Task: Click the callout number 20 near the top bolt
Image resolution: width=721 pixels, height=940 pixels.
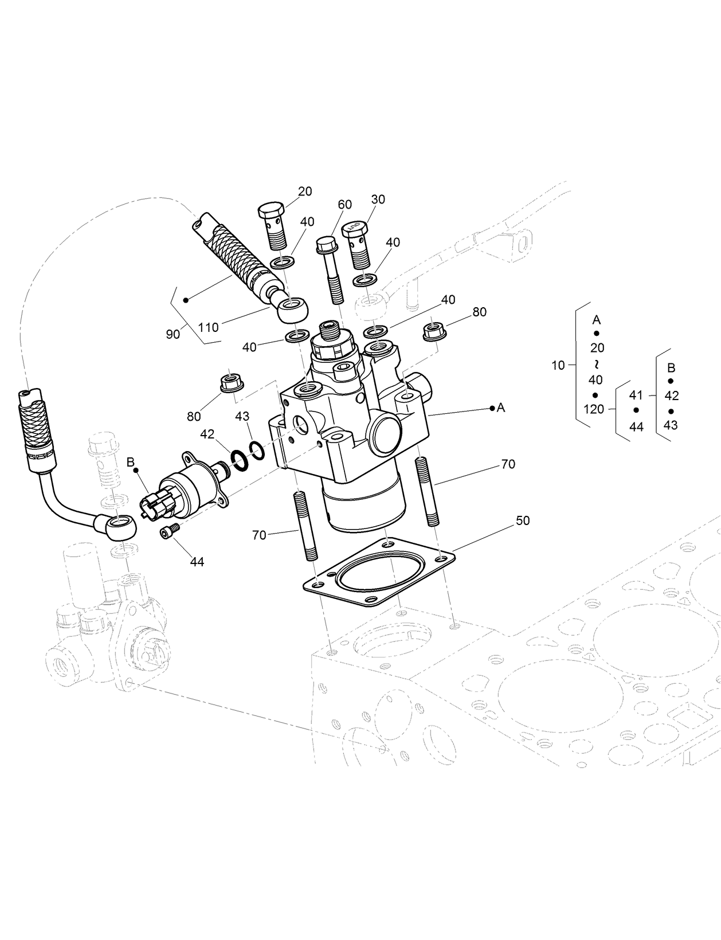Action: pos(305,191)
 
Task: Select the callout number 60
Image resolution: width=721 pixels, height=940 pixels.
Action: pos(344,205)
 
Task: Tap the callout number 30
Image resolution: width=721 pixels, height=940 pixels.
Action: pos(378,199)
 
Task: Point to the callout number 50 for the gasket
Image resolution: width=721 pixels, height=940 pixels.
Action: pos(522,520)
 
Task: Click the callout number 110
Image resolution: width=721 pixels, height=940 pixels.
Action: pos(209,327)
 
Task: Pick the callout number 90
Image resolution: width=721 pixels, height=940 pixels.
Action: pos(173,334)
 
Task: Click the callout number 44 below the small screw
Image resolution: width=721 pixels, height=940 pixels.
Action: pos(197,562)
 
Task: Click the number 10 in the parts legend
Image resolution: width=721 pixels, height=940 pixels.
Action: pos(558,366)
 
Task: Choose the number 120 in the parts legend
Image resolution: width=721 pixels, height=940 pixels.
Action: pos(594,409)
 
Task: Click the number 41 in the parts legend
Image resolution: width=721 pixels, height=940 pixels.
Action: pos(636,395)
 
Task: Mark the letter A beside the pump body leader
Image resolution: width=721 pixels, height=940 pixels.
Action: pos(501,408)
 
